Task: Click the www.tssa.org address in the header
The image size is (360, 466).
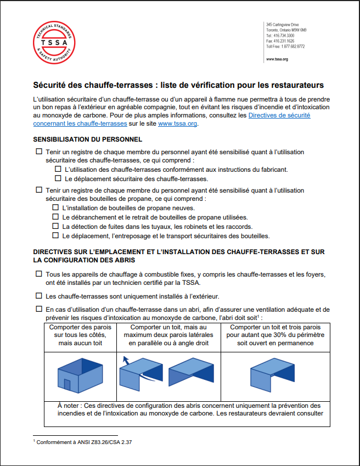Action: coord(277,59)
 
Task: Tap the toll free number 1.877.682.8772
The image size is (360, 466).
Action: coord(285,47)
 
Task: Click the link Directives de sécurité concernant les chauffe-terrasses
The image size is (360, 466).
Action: coord(172,120)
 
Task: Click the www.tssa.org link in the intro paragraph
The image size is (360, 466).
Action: coord(177,124)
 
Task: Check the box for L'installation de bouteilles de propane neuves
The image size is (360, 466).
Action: coord(55,208)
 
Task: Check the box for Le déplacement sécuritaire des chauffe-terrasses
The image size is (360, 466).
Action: coord(58,178)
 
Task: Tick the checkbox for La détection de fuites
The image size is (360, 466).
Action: coord(55,226)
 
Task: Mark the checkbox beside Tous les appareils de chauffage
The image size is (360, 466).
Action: coord(38,274)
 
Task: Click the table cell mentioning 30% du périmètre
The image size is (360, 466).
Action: coord(275,335)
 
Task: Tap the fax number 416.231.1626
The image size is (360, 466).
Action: coord(280,41)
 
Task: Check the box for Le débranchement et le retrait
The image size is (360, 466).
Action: coord(55,217)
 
